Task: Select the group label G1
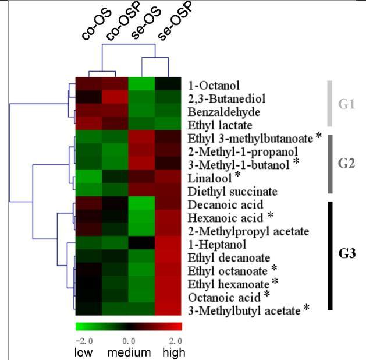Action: [346, 105]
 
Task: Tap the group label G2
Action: [346, 164]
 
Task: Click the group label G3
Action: [347, 254]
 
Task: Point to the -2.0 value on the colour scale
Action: [84, 340]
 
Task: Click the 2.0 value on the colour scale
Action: [175, 340]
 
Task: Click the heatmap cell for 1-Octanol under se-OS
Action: [141, 84]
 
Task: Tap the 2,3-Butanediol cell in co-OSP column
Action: [115, 97]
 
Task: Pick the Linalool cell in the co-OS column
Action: [88, 177]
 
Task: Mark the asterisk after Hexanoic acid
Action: [270, 216]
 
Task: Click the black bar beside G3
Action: [329, 255]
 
